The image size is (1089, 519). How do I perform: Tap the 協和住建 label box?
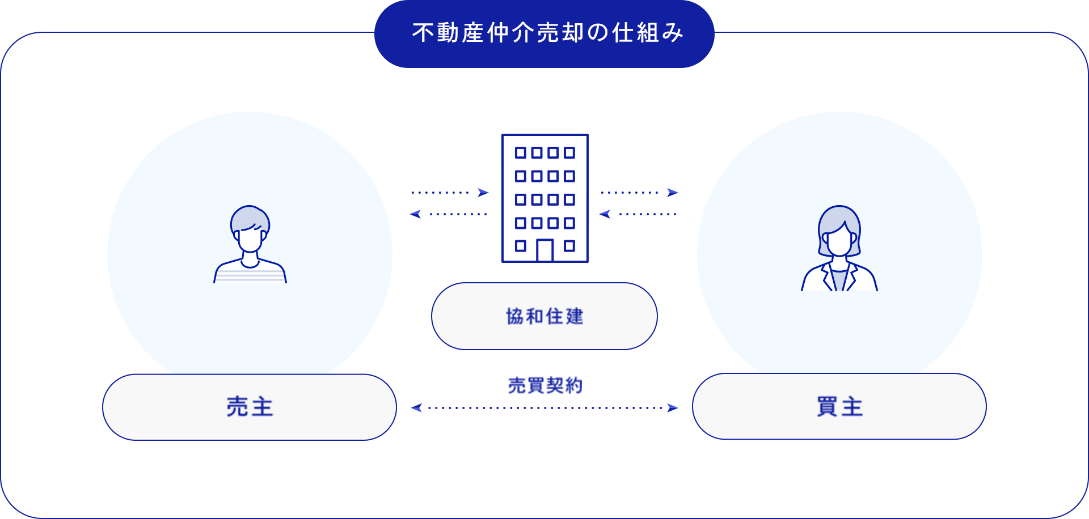coord(544,316)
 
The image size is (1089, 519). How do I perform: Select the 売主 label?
coord(250,407)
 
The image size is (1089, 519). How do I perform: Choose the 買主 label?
coord(839,406)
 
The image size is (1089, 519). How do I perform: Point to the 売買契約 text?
coord(545,386)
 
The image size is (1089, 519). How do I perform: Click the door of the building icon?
coord(544,250)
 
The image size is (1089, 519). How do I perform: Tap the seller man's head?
coord(250,227)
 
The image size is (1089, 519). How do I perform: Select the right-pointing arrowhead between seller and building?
coord(483,193)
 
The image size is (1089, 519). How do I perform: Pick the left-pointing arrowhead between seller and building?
coord(415,214)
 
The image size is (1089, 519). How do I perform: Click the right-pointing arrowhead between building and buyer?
coord(673,193)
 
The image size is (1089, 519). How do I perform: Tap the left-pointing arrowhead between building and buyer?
coord(605,214)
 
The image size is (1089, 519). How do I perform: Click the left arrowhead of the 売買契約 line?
coord(416,408)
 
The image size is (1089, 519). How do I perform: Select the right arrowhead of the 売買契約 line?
coord(673,408)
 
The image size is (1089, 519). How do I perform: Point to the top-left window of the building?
coord(520,152)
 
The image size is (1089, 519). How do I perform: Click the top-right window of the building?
coord(569,152)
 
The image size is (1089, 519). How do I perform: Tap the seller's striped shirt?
coord(250,275)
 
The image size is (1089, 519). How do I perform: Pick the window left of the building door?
coord(520,246)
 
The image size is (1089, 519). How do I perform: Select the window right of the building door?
coord(569,246)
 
